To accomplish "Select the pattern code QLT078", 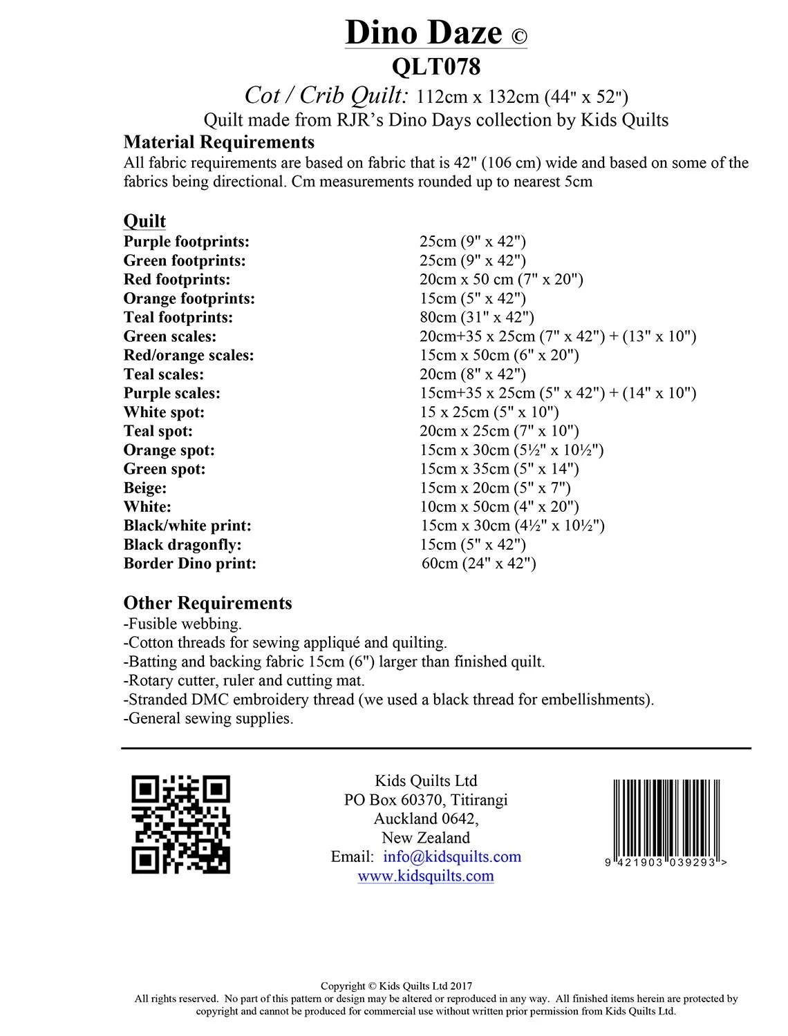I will click(435, 67).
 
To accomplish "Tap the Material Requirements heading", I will click(218, 142).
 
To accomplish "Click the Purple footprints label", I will click(186, 242).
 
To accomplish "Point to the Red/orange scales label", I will click(189, 355).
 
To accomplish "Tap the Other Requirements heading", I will click(207, 603).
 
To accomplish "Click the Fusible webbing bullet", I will click(182, 624).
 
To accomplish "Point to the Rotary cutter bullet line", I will click(244, 680).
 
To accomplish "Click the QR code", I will click(180, 824).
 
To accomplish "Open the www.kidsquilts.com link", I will click(425, 876).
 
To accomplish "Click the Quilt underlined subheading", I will click(144, 221).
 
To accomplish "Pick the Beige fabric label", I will click(145, 488).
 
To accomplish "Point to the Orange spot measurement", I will click(512, 450).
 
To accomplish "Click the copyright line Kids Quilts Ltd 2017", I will click(396, 987).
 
